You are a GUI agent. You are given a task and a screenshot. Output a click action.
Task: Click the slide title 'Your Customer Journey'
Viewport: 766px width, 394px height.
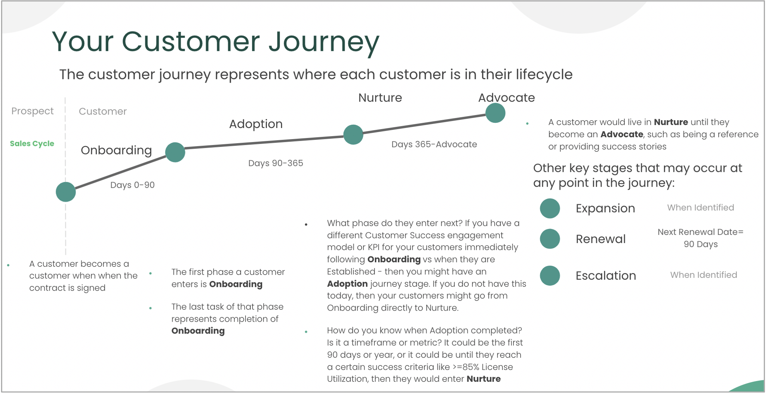[x=215, y=42]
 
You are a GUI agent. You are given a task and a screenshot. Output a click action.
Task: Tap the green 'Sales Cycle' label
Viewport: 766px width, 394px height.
[x=32, y=144]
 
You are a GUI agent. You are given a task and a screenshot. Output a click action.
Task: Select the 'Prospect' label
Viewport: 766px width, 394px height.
[x=32, y=111]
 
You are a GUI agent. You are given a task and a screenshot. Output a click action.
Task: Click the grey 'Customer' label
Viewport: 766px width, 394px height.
[x=103, y=111]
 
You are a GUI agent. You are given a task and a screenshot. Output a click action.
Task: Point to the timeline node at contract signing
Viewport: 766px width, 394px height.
[x=66, y=192]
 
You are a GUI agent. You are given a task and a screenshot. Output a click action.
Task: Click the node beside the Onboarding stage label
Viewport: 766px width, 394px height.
[x=175, y=152]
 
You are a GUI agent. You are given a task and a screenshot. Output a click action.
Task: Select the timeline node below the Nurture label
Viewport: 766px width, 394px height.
[x=353, y=134]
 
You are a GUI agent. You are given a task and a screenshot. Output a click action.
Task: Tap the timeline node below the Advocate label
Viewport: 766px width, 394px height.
[x=495, y=113]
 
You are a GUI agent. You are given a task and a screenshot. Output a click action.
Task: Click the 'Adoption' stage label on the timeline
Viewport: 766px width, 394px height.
[x=256, y=124]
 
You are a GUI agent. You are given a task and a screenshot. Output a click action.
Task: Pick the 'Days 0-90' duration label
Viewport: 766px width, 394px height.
[x=132, y=185]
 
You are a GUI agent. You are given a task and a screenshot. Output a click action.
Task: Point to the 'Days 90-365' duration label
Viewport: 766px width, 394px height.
[x=275, y=163]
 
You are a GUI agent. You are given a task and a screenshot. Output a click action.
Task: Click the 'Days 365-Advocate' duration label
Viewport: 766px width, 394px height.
[x=434, y=144]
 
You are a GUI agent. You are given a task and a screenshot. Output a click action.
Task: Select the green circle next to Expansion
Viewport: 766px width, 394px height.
[x=550, y=208]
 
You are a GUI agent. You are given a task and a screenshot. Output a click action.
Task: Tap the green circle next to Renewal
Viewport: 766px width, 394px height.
[x=550, y=239]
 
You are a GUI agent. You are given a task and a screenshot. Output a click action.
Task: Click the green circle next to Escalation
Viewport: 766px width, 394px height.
[x=550, y=276]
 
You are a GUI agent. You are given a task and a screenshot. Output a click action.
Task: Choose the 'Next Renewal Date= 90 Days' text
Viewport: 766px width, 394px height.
[x=700, y=238]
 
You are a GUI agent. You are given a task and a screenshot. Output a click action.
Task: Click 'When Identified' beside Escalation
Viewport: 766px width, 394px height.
[x=703, y=275]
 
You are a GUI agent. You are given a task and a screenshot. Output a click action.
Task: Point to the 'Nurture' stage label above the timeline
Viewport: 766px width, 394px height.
[x=380, y=98]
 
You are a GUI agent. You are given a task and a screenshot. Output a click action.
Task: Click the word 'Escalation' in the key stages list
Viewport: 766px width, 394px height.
[x=605, y=276]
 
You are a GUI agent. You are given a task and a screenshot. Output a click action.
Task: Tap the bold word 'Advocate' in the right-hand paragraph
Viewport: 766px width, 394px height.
[x=621, y=134]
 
